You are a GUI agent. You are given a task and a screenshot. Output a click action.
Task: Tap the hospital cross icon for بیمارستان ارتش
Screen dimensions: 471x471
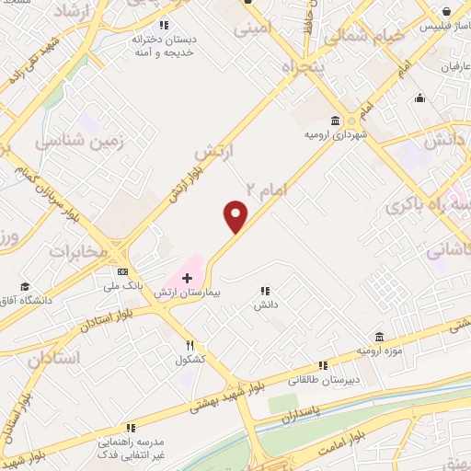click(x=187, y=277)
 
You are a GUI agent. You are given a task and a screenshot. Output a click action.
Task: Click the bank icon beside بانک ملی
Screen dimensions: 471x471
click(x=123, y=271)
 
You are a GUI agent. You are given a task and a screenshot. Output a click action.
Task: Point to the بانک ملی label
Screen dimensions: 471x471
click(x=125, y=286)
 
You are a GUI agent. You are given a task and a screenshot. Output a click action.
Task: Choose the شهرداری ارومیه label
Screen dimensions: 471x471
click(x=331, y=135)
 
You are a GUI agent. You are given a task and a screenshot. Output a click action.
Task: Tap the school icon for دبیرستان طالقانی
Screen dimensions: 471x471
click(x=323, y=365)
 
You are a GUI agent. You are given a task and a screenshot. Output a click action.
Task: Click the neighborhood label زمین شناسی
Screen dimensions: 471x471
click(x=72, y=141)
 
